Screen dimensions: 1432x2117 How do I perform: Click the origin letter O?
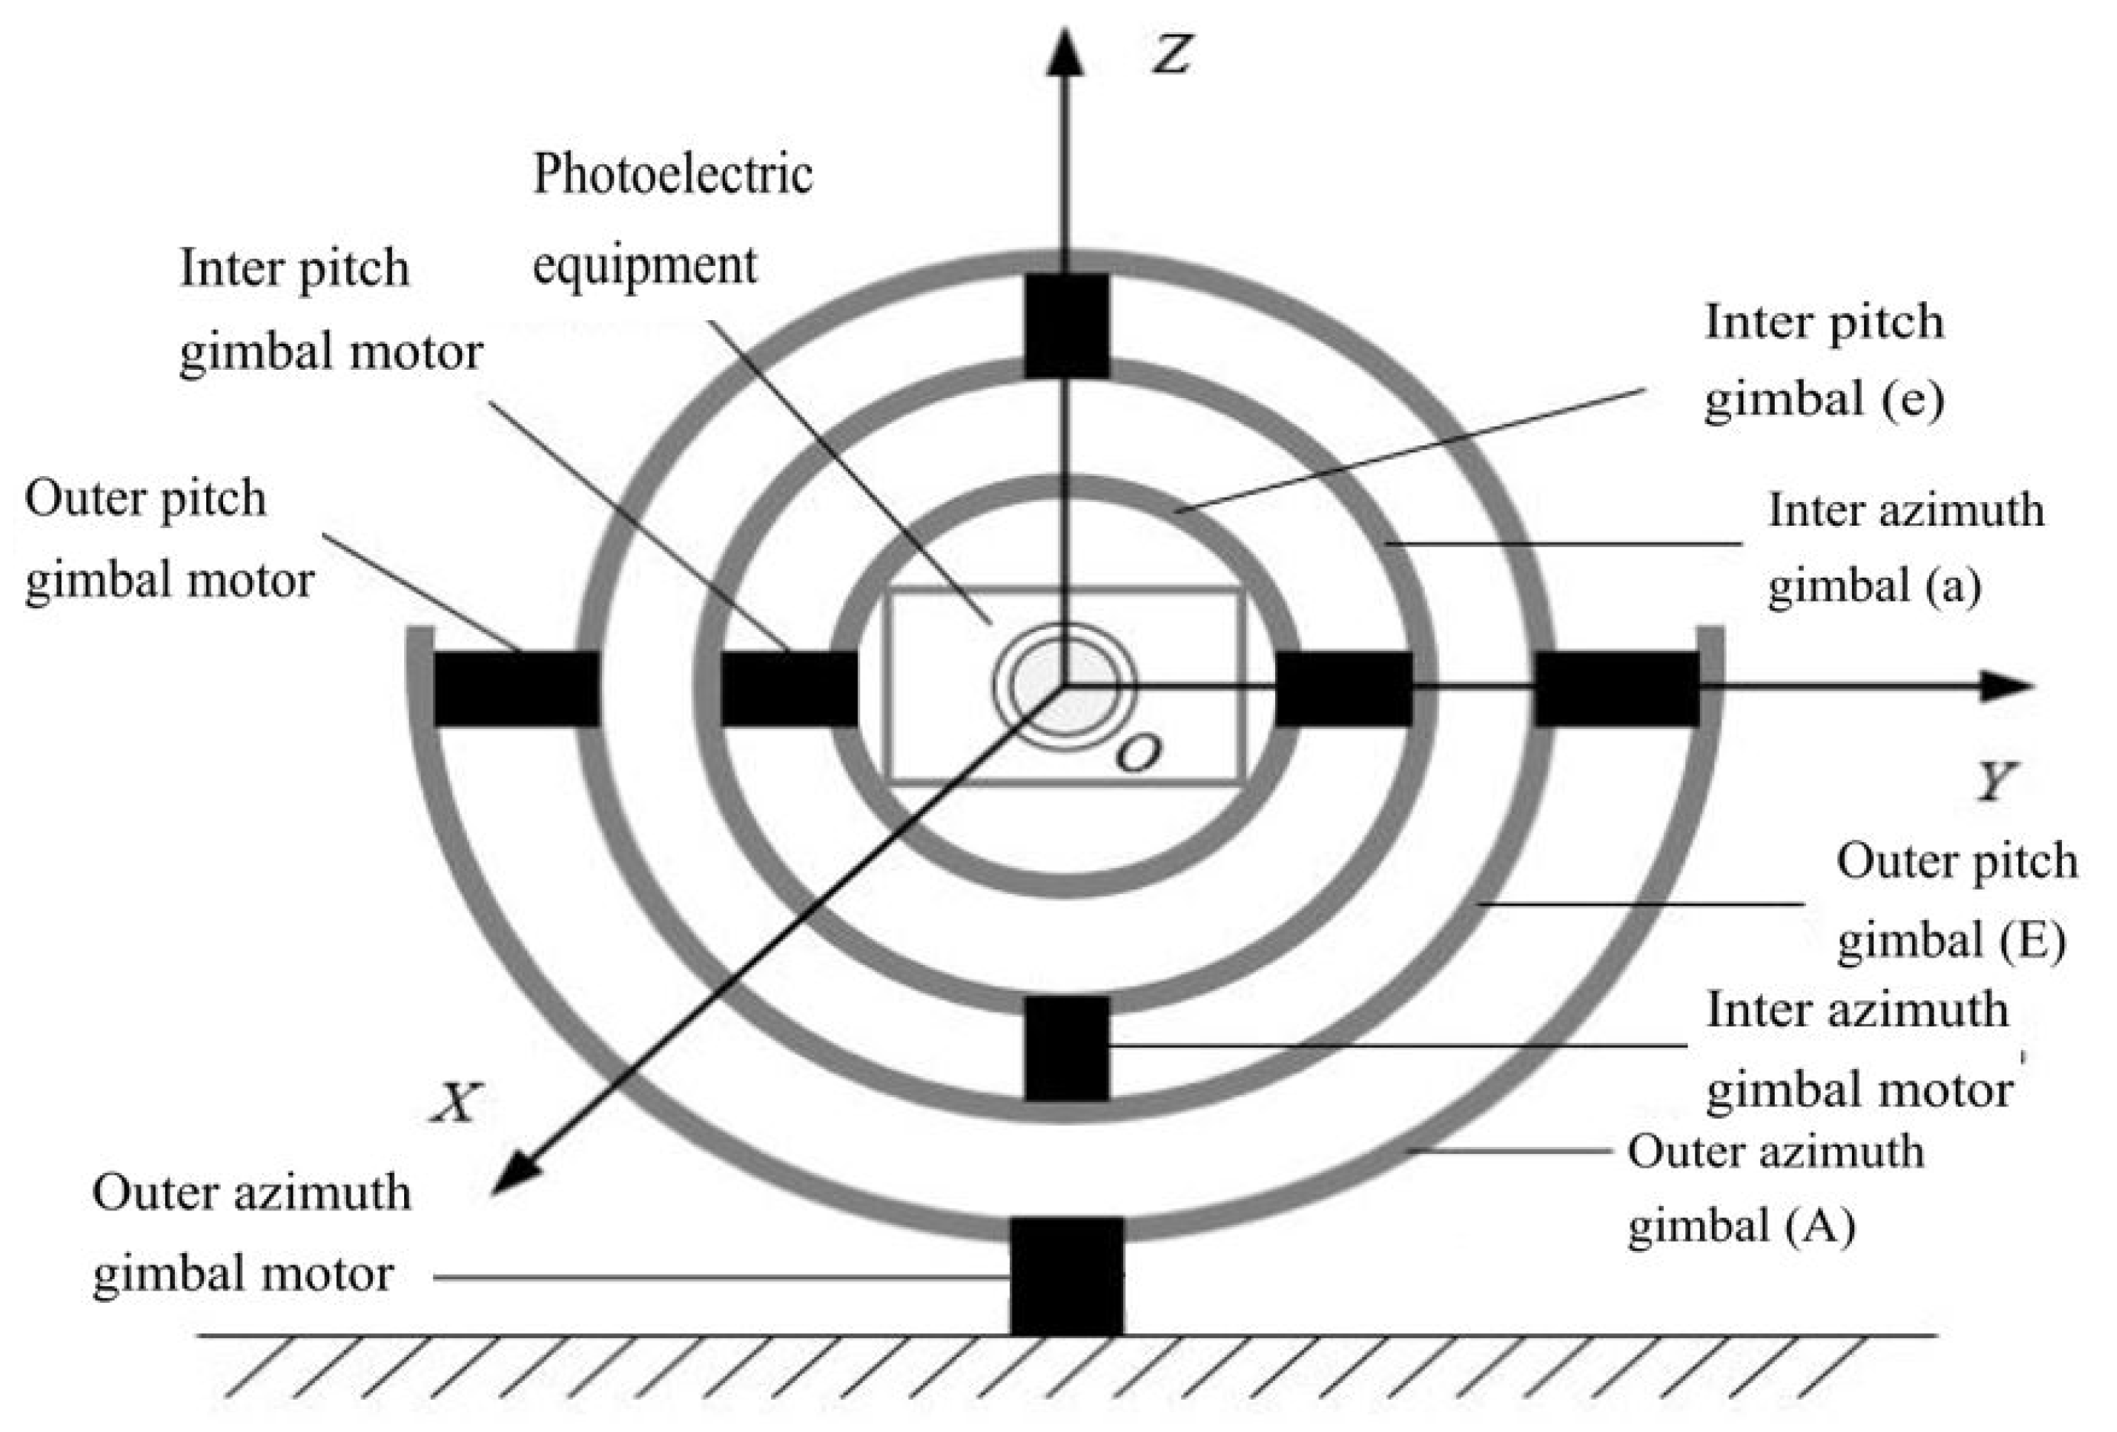pos(1138,753)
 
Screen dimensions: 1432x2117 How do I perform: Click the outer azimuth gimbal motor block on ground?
pos(1067,1276)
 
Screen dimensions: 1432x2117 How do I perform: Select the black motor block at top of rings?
pos(1067,326)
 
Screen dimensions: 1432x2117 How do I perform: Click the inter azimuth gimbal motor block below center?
pos(1067,1048)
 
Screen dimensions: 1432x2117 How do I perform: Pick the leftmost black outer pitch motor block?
pos(516,688)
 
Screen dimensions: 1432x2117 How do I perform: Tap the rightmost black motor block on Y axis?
pos(1617,688)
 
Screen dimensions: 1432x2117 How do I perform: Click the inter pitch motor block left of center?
pos(789,688)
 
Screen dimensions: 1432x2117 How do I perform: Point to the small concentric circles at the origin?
pos(1064,686)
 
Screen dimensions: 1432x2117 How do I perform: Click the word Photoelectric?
pos(672,173)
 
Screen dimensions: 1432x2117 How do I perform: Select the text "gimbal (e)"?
pos(1824,399)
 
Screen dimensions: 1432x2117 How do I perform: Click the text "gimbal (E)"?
pos(1950,940)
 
